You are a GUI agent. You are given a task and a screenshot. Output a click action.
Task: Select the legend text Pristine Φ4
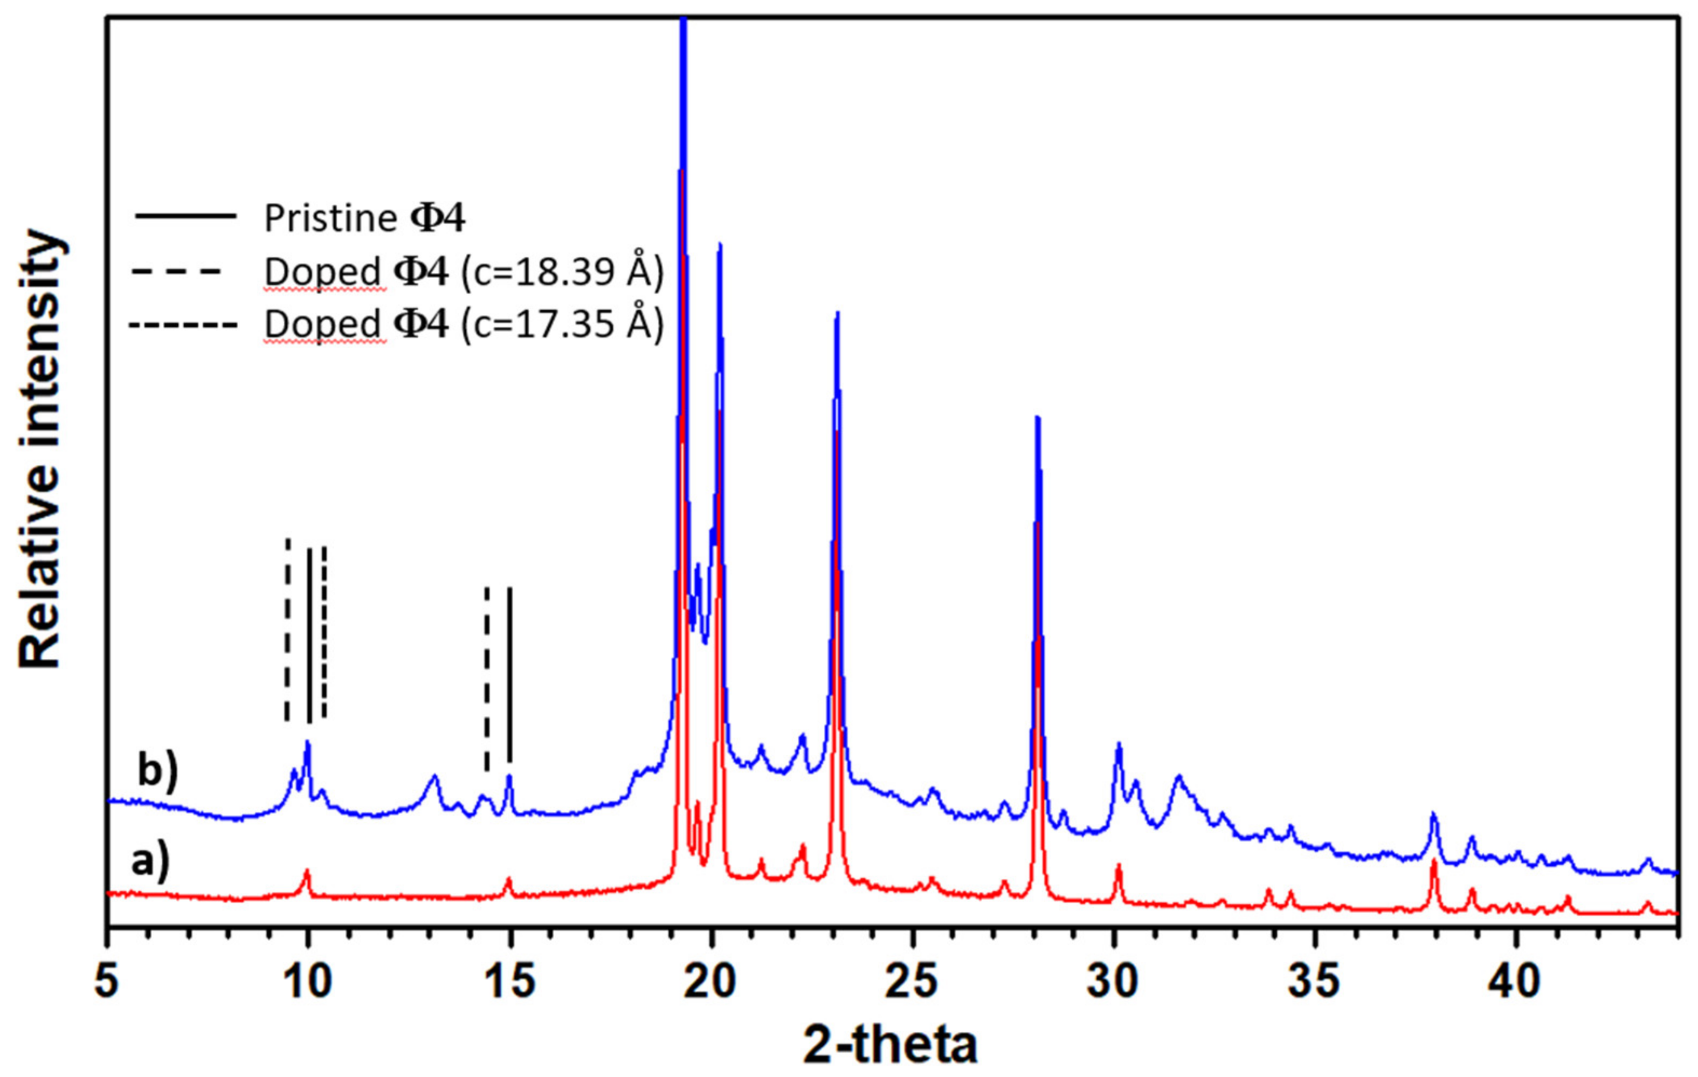pos(364,219)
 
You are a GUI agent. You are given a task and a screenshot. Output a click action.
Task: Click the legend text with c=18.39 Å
pos(463,272)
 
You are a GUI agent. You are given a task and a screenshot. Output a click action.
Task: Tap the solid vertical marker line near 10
pos(309,635)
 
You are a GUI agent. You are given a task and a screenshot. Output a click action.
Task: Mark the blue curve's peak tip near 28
pos(1037,418)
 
